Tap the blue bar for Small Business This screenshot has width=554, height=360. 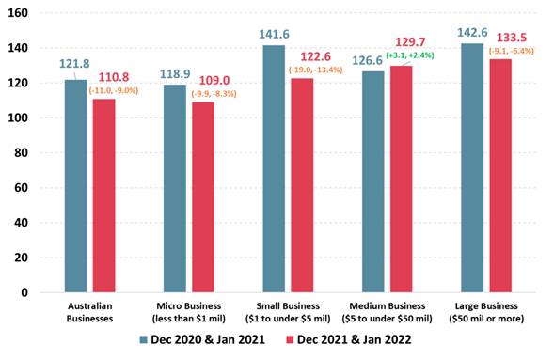click(x=274, y=168)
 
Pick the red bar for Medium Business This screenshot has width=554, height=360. click(x=402, y=179)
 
